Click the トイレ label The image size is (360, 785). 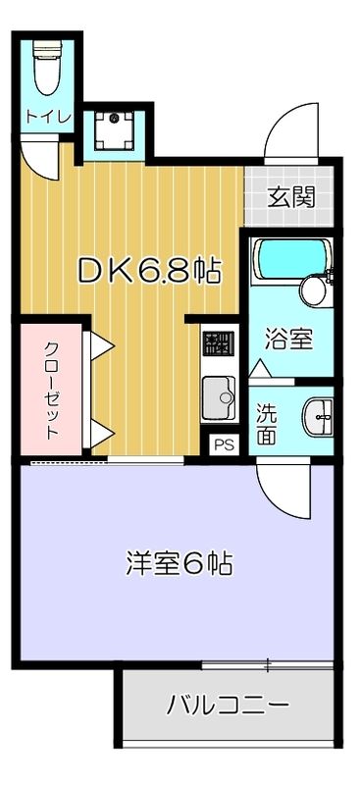(x=48, y=116)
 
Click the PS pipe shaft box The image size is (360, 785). (x=225, y=445)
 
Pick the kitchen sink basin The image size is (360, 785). (x=218, y=397)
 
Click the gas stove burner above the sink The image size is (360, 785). (x=218, y=344)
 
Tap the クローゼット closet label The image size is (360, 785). (x=51, y=389)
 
